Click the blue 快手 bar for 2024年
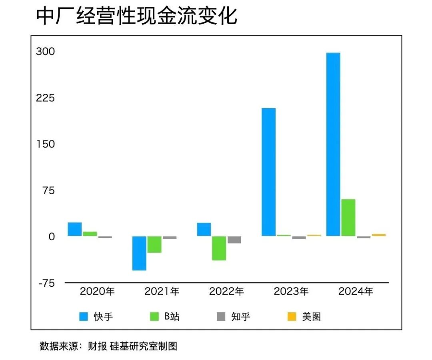333,144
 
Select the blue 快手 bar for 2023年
268,172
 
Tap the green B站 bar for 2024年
348,217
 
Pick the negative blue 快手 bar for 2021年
139,253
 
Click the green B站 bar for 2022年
219,248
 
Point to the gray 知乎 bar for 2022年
234,240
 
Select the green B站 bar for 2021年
154,244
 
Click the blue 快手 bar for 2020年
75,229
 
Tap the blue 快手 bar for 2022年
204,229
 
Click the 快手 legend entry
96,317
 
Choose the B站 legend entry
164,317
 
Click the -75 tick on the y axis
46,283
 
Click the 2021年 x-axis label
162,292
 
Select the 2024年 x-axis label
356,292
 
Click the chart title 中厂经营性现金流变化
136,17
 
